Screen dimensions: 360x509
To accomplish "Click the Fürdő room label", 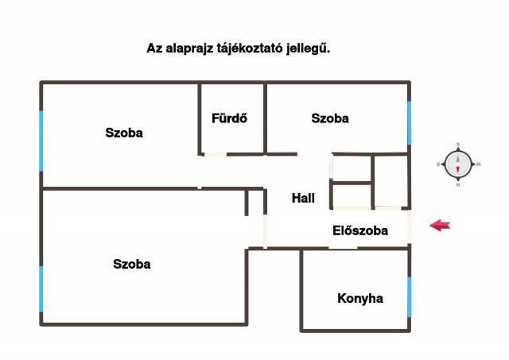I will click(x=229, y=119).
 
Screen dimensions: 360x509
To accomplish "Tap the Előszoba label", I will click(x=359, y=231).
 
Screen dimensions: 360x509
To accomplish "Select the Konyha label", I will click(x=360, y=299).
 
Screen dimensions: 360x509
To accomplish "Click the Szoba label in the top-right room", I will click(x=330, y=118).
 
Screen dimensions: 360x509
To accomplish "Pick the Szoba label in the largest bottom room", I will click(x=132, y=264).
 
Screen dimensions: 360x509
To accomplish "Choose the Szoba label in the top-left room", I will click(x=124, y=133).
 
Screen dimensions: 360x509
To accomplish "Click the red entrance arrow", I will click(x=440, y=226).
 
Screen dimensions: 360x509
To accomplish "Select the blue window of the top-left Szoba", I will click(x=41, y=140).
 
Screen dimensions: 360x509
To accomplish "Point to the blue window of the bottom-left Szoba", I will click(x=41, y=289).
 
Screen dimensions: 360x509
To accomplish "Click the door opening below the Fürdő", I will click(x=215, y=153).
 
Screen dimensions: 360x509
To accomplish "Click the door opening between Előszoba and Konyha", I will click(x=343, y=248).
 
